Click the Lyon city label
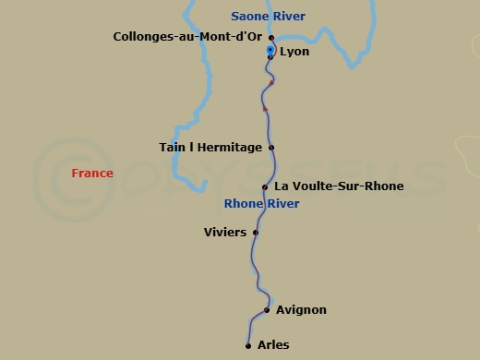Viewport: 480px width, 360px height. click(294, 52)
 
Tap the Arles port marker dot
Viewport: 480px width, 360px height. click(248, 346)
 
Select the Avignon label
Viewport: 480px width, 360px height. click(301, 310)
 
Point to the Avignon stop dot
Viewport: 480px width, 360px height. click(267, 310)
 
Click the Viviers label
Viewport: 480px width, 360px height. click(225, 232)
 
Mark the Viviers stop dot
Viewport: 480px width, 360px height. click(256, 232)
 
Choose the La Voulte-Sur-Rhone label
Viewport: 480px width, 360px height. click(339, 186)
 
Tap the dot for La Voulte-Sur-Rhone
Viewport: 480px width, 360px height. click(265, 187)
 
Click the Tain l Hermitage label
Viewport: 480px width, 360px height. click(211, 147)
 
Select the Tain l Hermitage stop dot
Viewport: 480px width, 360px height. click(271, 147)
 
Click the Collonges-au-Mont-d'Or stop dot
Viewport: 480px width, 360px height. click(271, 38)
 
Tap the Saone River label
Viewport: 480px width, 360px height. click(268, 17)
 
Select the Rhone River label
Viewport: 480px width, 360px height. click(262, 203)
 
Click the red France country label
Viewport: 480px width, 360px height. click(92, 174)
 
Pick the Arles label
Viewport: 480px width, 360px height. click(273, 345)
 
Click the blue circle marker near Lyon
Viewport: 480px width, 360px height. click(270, 49)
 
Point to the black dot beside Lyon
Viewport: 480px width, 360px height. click(270, 57)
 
